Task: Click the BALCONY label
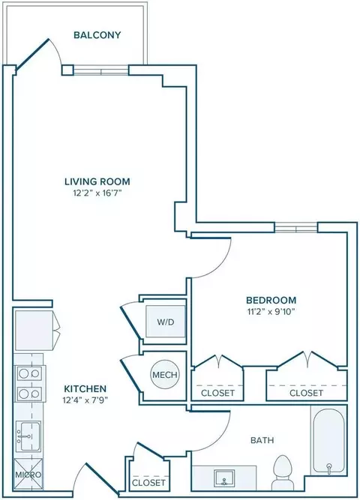pos(97,34)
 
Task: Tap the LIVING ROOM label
pos(97,181)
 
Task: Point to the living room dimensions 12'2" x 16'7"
pos(97,193)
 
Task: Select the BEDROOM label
pos(271,300)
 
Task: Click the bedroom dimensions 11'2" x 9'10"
pos(271,312)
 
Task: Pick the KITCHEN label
pos(85,389)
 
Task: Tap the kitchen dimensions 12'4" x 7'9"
pos(85,400)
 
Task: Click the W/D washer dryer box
pos(165,322)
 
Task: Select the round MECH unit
pos(165,374)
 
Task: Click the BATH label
pos(262,440)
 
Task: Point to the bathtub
pos(328,439)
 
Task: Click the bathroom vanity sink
pos(223,478)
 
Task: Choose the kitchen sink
pos(28,436)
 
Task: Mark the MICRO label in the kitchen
pos(28,475)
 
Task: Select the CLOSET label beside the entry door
pos(148,483)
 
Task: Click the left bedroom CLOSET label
pos(218,393)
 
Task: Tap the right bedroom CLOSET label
pos(307,393)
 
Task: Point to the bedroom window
pos(296,228)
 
